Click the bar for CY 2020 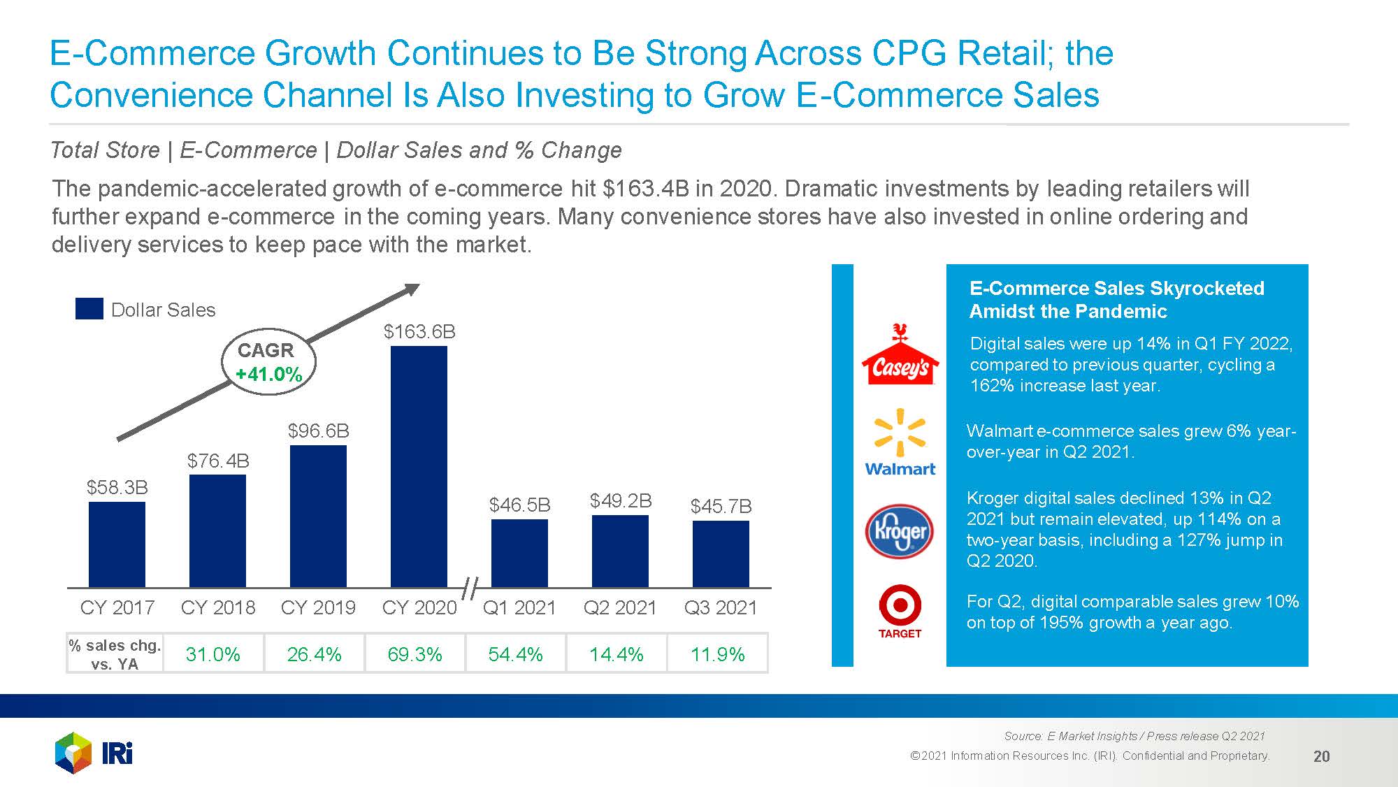click(419, 466)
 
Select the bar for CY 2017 click(117, 544)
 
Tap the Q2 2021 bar click(620, 551)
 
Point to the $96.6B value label click(318, 431)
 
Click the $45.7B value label click(721, 506)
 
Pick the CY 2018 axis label click(218, 607)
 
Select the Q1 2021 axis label click(519, 607)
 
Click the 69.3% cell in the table click(415, 654)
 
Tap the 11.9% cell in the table click(717, 654)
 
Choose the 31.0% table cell click(213, 654)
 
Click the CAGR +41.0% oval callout click(268, 362)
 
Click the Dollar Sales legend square click(89, 308)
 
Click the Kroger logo click(900, 531)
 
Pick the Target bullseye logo click(900, 612)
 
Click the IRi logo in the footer click(94, 753)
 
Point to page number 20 click(1321, 756)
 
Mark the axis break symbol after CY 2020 click(470, 589)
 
